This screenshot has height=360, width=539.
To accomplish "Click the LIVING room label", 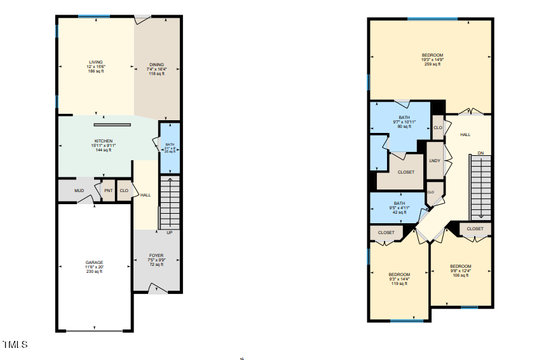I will [x=96, y=62].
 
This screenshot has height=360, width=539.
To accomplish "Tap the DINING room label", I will [x=156, y=65].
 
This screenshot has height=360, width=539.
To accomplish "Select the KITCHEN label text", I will [x=104, y=141].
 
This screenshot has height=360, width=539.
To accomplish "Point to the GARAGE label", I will [x=94, y=263].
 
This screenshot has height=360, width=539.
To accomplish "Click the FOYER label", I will [x=156, y=256].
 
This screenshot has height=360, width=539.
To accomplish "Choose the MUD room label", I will [x=79, y=190].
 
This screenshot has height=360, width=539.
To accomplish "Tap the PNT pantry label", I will [x=108, y=190].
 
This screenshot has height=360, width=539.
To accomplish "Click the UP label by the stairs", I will [x=169, y=232].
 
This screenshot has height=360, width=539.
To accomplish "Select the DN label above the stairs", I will [x=481, y=153].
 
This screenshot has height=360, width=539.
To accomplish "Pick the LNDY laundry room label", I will [x=435, y=160].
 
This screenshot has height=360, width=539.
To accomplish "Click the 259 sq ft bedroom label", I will [x=432, y=55].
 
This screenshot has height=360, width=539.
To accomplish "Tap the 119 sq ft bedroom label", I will [x=399, y=275].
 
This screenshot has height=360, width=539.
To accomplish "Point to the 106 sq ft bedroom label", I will [x=461, y=267].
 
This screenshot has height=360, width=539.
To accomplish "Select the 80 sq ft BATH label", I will [x=404, y=118].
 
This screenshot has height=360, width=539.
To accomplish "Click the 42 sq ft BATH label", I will [x=399, y=204].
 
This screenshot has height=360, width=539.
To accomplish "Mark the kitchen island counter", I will [x=113, y=125].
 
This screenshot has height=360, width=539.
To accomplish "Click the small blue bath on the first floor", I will [x=169, y=148].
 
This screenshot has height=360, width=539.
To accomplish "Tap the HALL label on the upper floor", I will [x=465, y=135].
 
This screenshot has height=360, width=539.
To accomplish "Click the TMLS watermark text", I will [x=15, y=345].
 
